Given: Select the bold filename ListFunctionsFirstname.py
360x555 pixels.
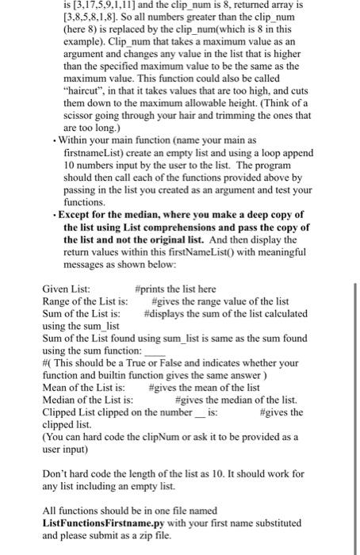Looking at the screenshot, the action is [104, 524].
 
